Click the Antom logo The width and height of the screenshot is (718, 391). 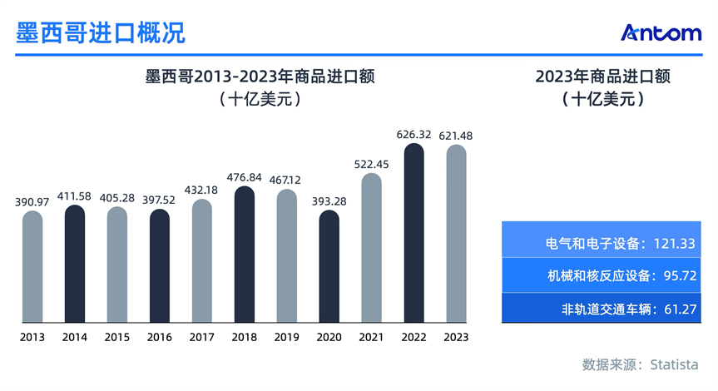tap(661, 32)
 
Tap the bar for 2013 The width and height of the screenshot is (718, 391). tap(32, 266)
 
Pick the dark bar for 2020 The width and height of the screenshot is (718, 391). tap(329, 266)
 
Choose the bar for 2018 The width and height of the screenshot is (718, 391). tap(245, 254)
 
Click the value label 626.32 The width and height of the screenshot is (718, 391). tap(413, 135)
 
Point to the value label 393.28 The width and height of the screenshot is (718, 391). tap(329, 200)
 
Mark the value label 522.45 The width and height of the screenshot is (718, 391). tap(371, 164)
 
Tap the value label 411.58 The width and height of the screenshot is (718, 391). tap(75, 195)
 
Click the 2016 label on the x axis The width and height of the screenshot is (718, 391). tap(160, 337)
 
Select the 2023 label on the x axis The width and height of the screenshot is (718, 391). tap(456, 337)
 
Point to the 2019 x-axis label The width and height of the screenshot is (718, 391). tap(287, 337)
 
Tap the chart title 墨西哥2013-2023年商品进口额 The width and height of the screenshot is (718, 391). tap(260, 77)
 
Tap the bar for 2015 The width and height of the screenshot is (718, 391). tap(117, 265)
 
